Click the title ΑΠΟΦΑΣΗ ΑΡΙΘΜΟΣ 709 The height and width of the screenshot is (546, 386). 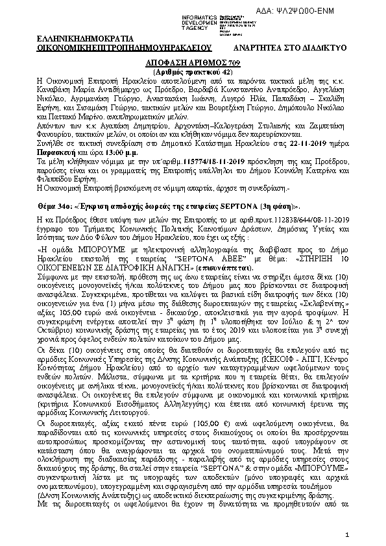point(192,60)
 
